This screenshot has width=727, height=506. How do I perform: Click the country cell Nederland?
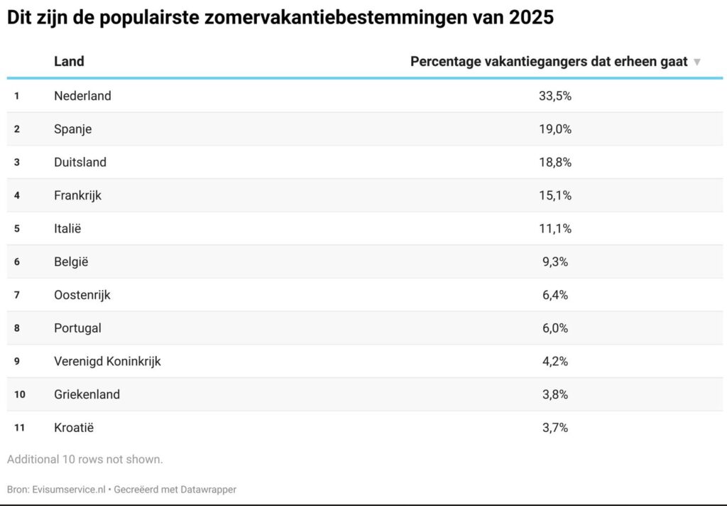[x=82, y=96]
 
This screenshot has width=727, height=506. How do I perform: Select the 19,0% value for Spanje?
[x=554, y=129]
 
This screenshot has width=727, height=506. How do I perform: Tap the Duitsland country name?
[x=80, y=162]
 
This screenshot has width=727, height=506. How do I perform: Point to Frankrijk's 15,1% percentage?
[x=554, y=195]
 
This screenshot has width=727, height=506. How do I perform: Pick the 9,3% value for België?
[x=554, y=262]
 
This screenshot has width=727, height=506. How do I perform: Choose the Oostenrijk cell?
[x=82, y=295]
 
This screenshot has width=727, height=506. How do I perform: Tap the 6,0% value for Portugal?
[x=554, y=328]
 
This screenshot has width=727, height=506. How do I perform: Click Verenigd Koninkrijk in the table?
[x=107, y=361]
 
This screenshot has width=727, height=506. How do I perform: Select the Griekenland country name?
[x=87, y=394]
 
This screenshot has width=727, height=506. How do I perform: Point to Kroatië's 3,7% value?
[x=554, y=428]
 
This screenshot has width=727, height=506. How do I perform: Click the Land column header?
[x=69, y=61]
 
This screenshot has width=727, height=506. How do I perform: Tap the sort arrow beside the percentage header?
[x=697, y=62]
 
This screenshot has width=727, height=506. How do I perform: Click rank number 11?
[x=19, y=428]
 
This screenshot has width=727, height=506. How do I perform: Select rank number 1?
[x=17, y=96]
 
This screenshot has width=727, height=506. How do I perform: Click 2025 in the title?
[x=531, y=18]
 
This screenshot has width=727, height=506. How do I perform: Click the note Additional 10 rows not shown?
[x=85, y=459]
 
